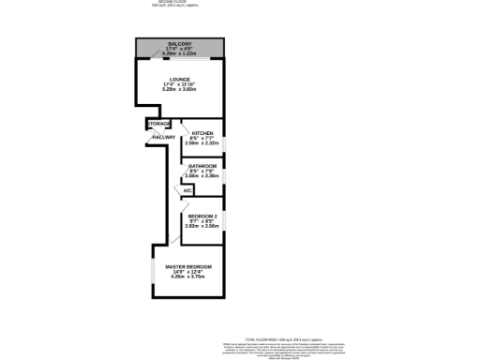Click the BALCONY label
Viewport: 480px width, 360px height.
tap(180, 43)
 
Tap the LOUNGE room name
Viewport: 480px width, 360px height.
tap(180, 80)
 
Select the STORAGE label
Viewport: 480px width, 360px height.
tap(158, 124)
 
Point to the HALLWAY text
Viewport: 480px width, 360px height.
tap(164, 138)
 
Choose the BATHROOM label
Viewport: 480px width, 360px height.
tap(203, 166)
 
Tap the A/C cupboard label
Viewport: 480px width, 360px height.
tap(187, 190)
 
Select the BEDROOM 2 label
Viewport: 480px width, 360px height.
tap(202, 215)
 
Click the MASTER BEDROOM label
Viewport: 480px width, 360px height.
tap(188, 267)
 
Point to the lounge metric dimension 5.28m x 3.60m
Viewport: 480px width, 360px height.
tap(180, 90)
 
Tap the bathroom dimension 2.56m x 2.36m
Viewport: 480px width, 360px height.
tap(203, 176)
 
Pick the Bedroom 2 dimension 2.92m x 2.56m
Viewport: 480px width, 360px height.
tap(202, 226)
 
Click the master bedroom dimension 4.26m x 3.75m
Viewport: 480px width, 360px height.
tap(188, 277)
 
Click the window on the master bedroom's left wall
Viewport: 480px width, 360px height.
tap(153, 272)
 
